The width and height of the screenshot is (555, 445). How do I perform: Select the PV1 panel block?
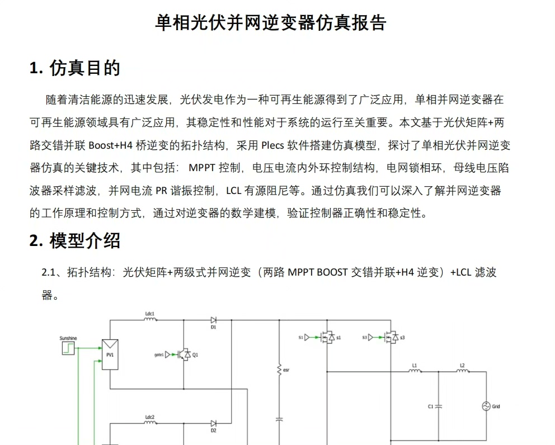110,354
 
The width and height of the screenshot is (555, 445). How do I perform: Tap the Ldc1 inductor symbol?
149,320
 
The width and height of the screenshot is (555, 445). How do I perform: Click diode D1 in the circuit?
214,320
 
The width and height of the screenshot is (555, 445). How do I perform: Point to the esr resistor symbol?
279,370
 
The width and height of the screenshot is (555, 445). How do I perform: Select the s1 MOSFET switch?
328,338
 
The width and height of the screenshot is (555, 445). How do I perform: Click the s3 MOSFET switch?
392,338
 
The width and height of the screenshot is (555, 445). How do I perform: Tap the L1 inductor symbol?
415,372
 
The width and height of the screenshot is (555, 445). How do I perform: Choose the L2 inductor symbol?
462,372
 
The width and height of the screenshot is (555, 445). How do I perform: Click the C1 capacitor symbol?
439,406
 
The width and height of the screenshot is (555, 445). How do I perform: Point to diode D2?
214,424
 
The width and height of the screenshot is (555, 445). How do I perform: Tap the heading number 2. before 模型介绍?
36,241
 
